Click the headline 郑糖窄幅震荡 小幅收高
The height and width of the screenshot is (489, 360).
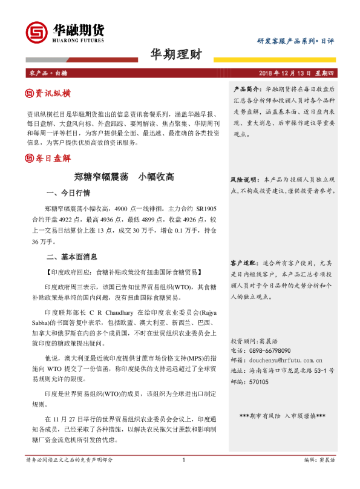point(124,177)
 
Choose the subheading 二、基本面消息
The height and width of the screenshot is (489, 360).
point(72,257)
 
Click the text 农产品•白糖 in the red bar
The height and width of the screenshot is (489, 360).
point(48,73)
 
